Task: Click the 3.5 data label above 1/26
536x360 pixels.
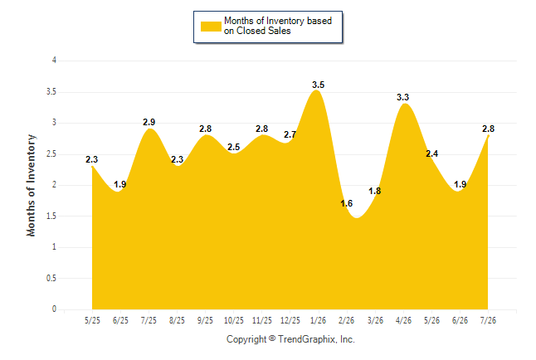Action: click(x=318, y=85)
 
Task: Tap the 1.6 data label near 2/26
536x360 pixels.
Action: click(x=346, y=203)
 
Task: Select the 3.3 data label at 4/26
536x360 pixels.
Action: click(x=402, y=97)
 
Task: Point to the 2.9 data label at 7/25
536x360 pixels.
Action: click(x=149, y=122)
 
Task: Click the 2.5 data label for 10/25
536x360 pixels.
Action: click(x=233, y=147)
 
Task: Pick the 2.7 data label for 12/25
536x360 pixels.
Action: click(x=290, y=134)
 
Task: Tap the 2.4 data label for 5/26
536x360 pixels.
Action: click(x=431, y=153)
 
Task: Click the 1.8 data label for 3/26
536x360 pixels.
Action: click(x=375, y=191)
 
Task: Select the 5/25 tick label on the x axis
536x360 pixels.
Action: click(x=92, y=320)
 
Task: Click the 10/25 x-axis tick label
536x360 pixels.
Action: click(x=234, y=320)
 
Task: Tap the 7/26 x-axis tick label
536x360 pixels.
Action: click(x=488, y=320)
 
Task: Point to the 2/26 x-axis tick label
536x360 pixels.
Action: click(x=347, y=320)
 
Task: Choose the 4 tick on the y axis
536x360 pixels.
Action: click(x=54, y=61)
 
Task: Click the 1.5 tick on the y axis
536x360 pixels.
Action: click(x=51, y=216)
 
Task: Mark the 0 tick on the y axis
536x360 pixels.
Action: click(x=54, y=309)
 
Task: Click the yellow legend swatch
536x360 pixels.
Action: click(x=211, y=27)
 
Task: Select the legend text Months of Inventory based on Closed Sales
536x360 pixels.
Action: click(x=278, y=26)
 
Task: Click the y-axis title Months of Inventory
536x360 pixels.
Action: click(x=31, y=185)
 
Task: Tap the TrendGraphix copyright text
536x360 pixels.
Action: click(x=290, y=339)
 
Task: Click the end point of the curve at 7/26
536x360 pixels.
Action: click(x=488, y=136)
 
